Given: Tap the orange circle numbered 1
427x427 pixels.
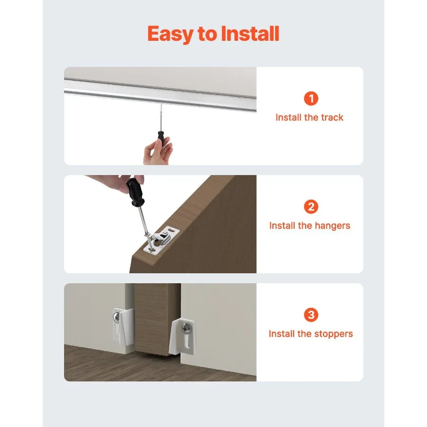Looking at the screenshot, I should (x=310, y=99).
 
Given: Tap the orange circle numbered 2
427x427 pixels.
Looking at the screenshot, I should (x=310, y=207).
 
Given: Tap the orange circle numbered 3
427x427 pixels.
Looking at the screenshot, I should (x=310, y=315).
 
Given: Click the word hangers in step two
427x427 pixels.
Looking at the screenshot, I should (x=331, y=225).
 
